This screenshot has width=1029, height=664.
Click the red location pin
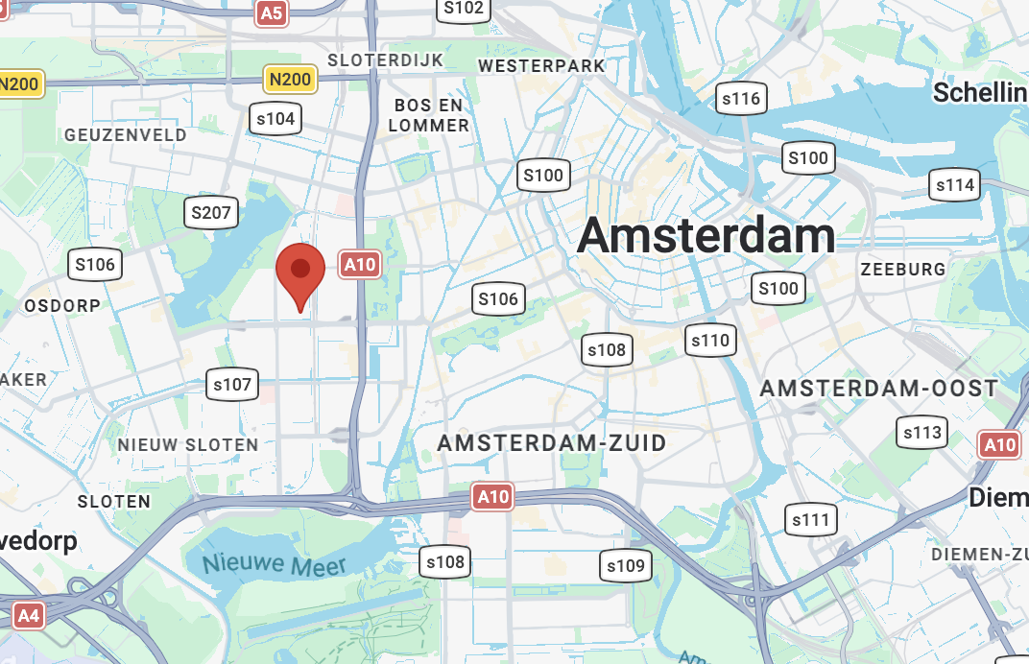point(300,270)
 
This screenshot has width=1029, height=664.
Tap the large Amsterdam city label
point(706,235)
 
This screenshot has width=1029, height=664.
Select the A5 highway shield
point(273,12)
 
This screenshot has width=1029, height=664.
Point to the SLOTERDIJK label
point(386,60)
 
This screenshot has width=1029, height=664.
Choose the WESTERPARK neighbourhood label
point(541,66)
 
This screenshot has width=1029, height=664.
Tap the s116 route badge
point(740,98)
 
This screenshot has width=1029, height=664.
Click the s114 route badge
point(954,185)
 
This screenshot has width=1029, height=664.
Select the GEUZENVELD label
point(126,135)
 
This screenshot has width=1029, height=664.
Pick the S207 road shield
point(211,212)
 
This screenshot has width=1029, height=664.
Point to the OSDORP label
point(62,305)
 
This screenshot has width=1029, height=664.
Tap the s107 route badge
point(232,386)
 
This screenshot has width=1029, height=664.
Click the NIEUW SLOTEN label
point(188,445)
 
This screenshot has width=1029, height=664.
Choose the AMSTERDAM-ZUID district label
point(552,444)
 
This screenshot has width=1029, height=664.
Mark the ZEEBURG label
point(903,270)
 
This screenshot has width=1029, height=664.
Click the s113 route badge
point(922,433)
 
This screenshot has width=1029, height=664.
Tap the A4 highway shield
point(29,615)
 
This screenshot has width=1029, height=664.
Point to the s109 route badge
point(626,566)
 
